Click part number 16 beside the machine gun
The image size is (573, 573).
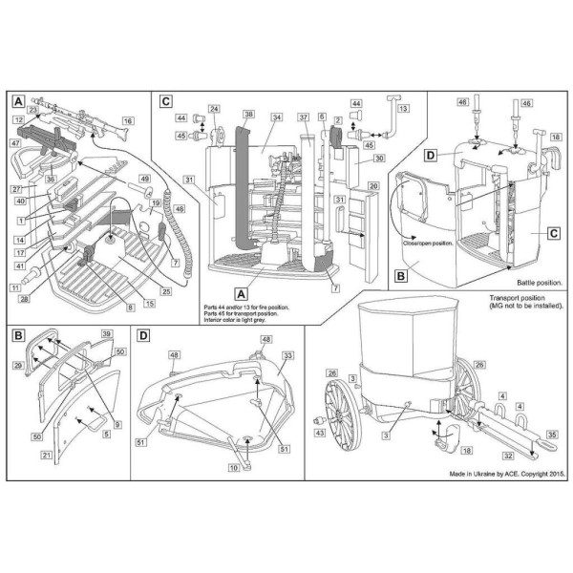click(128, 121)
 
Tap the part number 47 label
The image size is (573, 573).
click(16, 142)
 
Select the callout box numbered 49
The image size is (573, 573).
click(145, 179)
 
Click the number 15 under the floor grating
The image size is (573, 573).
click(149, 303)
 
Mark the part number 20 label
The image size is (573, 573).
click(373, 184)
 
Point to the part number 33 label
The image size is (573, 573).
click(287, 355)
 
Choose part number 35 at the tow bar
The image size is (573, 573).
click(551, 435)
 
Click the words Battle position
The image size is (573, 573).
click(534, 284)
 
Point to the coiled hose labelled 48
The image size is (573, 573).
click(173, 239)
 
